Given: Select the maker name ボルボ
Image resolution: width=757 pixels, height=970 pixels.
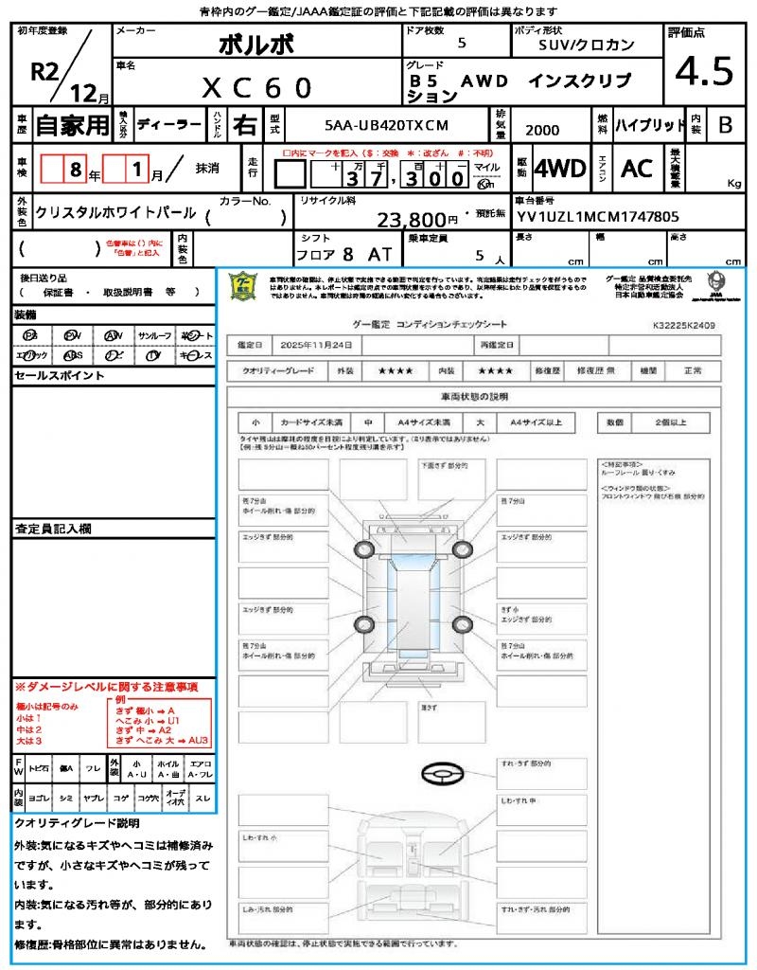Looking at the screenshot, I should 256,45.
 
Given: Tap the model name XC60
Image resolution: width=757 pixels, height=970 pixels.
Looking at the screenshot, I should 256,87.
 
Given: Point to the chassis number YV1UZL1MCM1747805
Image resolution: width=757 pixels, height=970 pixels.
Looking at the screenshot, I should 598,216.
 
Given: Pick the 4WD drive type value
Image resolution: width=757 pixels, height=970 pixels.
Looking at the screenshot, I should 560,169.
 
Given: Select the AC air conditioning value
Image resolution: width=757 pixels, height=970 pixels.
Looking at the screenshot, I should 637,169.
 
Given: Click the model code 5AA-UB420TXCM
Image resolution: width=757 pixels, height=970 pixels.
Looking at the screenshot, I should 386,125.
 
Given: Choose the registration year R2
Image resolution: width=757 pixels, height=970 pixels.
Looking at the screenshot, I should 44,71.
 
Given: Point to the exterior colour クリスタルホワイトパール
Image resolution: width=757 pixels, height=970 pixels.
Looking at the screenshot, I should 115,213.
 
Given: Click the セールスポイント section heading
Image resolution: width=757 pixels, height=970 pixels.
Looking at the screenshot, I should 46,376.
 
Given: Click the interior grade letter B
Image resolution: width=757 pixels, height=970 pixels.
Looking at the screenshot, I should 724,124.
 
